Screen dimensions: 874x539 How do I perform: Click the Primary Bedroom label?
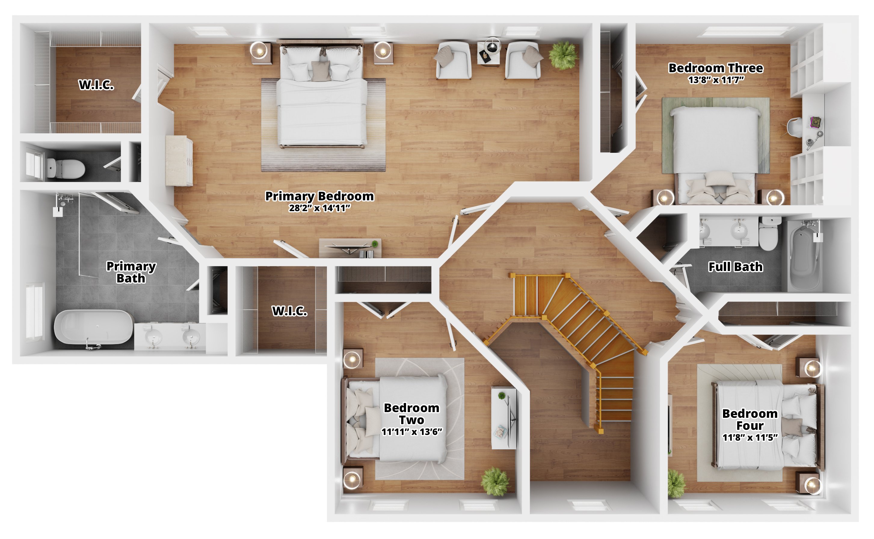[319, 196]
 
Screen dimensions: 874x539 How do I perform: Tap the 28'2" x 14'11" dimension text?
[319, 208]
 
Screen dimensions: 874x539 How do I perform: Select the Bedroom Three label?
[716, 68]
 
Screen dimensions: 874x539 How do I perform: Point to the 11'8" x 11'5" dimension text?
[750, 437]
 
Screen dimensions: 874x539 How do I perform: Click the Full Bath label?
[735, 267]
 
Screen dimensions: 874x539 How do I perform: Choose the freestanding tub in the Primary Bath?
[94, 328]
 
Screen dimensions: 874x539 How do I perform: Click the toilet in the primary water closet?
[66, 168]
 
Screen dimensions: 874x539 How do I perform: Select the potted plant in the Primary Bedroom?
[563, 55]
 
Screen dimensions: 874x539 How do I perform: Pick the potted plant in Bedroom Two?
[495, 481]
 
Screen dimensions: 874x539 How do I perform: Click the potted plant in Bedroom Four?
[676, 484]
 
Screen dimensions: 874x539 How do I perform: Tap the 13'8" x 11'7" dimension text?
[716, 79]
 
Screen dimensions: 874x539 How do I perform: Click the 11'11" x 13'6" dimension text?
[412, 432]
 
